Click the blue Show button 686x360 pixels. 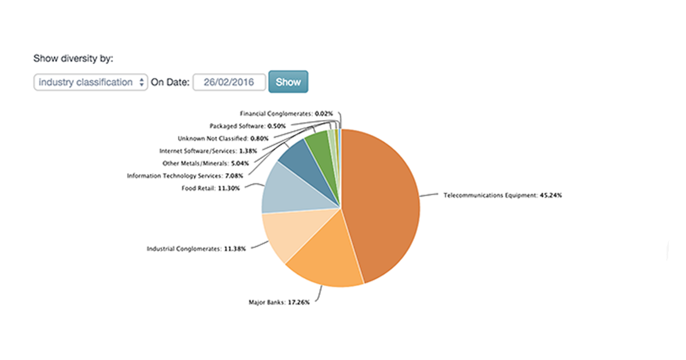pos(288,82)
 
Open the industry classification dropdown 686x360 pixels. pos(91,82)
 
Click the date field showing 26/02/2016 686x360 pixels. pos(229,82)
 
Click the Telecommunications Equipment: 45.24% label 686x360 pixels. pos(502,195)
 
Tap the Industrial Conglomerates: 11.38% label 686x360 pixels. pos(197,249)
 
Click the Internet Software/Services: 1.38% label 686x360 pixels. pos(208,151)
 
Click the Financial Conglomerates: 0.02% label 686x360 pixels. pos(286,114)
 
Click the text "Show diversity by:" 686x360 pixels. pos(74,58)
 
